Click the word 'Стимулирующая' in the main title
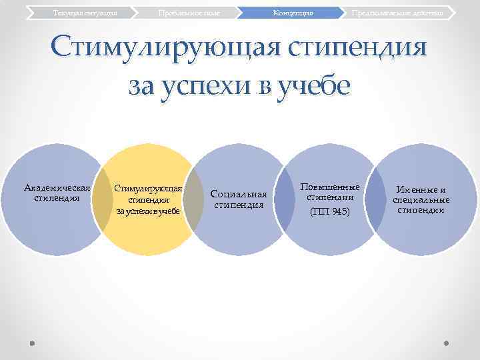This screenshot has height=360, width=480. [160, 49]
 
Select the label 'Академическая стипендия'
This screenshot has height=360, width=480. [57, 193]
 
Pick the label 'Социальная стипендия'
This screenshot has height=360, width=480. [239, 199]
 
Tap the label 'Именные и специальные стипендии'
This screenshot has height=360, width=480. [421, 199]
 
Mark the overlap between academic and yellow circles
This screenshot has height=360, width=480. [102, 199]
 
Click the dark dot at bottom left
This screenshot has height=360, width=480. [33, 343]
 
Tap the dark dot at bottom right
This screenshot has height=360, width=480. [447, 343]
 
